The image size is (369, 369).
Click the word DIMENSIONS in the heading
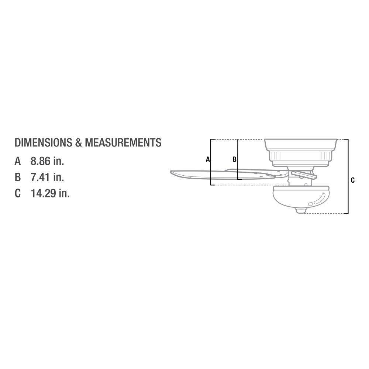click(x=43, y=142)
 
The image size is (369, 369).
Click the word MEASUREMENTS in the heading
click(x=123, y=142)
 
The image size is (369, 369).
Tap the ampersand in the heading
click(x=78, y=142)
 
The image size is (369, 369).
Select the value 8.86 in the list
click(x=41, y=161)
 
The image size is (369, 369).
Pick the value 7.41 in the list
click(x=41, y=177)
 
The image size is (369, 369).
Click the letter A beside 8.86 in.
click(x=18, y=161)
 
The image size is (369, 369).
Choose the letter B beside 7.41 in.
click(x=18, y=177)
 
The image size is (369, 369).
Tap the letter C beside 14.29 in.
click(x=18, y=193)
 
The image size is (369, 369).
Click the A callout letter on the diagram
click(x=207, y=159)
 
